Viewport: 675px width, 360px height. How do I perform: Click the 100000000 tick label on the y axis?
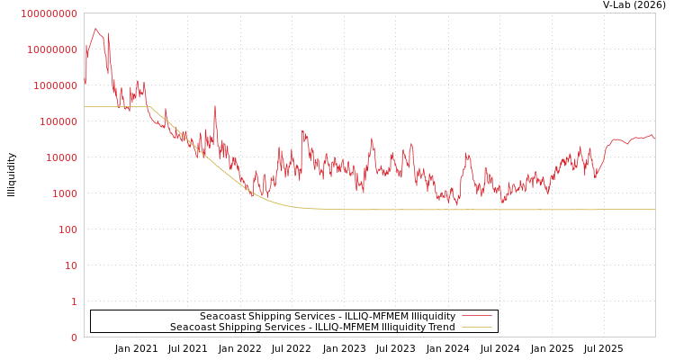(49, 13)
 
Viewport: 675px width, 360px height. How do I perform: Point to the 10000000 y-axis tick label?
(52, 49)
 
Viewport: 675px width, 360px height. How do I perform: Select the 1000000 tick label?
(55, 85)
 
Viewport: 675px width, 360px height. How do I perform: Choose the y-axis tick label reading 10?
(70, 265)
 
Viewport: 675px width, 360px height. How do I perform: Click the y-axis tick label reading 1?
(74, 301)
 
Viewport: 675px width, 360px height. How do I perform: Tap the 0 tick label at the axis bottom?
(74, 337)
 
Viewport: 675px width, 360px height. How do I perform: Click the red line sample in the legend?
(476, 316)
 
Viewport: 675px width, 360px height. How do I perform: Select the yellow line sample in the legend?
(476, 327)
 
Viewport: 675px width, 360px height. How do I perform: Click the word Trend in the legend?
(440, 327)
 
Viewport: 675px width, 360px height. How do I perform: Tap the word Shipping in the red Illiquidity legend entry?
(267, 316)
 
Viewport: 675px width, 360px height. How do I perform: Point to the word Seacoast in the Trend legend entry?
(192, 327)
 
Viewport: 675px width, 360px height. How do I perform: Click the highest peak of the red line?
(95, 28)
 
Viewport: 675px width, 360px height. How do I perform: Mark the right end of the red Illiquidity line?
(654, 139)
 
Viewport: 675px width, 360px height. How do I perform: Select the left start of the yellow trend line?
(85, 107)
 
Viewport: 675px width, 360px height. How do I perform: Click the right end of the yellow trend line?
(654, 209)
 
